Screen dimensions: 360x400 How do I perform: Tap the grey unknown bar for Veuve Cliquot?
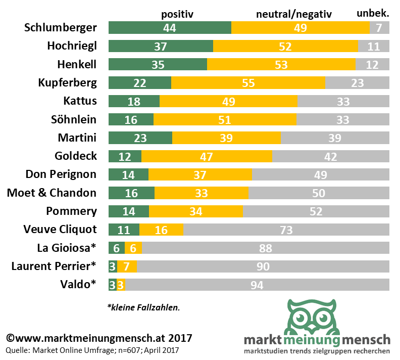(286, 230)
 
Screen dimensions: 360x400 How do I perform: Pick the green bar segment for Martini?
(140, 138)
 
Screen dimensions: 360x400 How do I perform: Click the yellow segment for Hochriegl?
(285, 46)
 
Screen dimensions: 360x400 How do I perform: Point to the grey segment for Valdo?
(257, 285)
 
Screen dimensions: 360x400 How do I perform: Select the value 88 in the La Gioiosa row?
(265, 248)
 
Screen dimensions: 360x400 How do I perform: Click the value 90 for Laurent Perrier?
(263, 266)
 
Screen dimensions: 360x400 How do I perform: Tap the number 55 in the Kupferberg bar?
(248, 82)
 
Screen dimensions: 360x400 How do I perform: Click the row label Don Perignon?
(61, 174)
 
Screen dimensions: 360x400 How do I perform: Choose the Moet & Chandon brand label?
(52, 193)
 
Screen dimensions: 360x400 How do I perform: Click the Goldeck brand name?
(75, 156)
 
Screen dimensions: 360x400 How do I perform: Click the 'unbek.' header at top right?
(373, 13)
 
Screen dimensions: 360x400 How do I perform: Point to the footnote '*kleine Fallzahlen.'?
(143, 307)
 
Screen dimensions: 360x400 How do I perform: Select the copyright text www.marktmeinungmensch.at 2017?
(99, 337)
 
